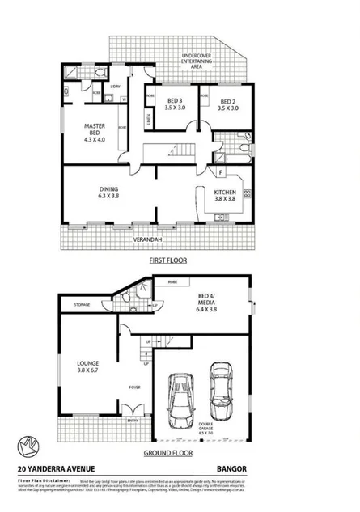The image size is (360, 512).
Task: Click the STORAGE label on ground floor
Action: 81,305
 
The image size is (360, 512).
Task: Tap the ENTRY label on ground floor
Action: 132,420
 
